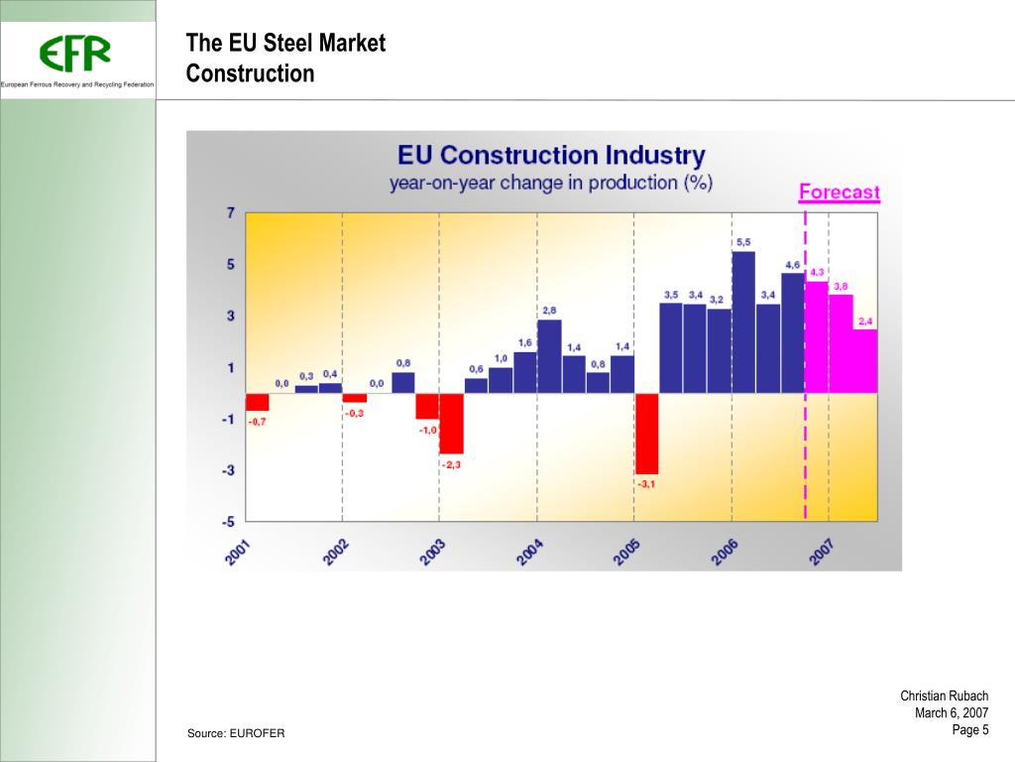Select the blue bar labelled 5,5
(x=743, y=321)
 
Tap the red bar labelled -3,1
(x=646, y=433)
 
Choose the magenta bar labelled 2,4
(x=865, y=360)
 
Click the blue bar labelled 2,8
(x=549, y=355)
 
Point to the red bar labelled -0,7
(x=258, y=402)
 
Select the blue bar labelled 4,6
(x=792, y=332)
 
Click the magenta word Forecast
(x=839, y=191)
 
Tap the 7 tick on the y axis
(x=231, y=212)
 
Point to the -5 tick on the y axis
(x=228, y=520)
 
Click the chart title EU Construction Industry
(x=551, y=156)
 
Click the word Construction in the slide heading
(x=251, y=73)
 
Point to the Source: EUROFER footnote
(x=236, y=733)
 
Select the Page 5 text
(x=970, y=730)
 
